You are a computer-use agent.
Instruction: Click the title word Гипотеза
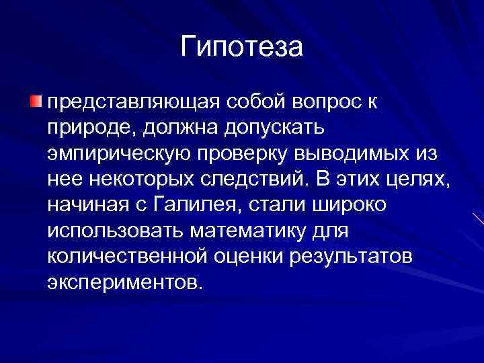pyautogui.click(x=242, y=46)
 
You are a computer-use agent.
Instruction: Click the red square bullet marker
pyautogui.click(x=36, y=102)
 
